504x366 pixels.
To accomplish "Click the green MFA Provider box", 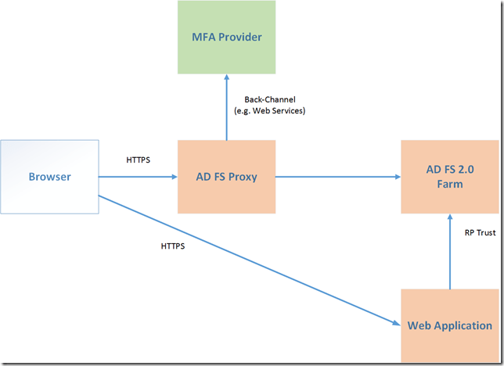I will [x=226, y=37].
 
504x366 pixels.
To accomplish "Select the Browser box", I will [x=50, y=177].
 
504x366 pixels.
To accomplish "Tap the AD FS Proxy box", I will [x=226, y=177].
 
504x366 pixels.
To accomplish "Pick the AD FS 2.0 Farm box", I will [x=450, y=177].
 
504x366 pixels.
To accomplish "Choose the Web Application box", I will [x=449, y=325].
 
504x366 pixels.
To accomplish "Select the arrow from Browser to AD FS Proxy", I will [x=138, y=177].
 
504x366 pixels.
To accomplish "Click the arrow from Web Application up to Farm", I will [x=450, y=251].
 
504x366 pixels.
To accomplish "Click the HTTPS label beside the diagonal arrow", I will [x=174, y=245].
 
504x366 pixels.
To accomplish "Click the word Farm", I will [x=450, y=185].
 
